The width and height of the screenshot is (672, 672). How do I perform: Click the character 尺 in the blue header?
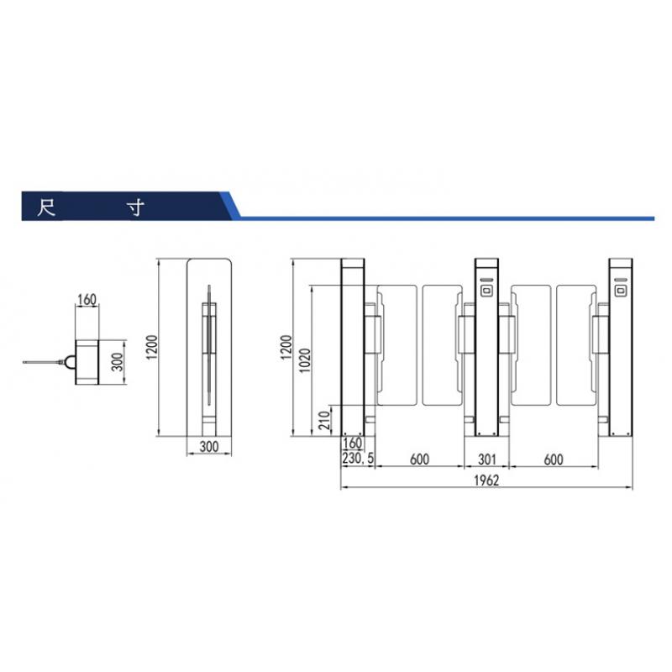click(x=46, y=207)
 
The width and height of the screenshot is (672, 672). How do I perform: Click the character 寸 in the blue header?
click(x=135, y=207)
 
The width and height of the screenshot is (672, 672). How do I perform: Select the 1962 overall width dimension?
click(x=486, y=480)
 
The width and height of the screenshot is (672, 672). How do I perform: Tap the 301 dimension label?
click(x=487, y=459)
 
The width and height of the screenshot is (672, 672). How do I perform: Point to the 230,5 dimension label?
click(x=358, y=458)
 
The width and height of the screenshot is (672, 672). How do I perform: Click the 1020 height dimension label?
click(x=305, y=360)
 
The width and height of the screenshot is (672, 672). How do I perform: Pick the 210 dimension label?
click(x=325, y=420)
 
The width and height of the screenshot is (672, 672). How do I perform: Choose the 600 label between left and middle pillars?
click(x=419, y=459)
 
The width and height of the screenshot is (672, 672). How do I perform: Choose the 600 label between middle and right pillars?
click(x=554, y=459)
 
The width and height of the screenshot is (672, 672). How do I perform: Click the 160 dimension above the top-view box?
click(x=87, y=299)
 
